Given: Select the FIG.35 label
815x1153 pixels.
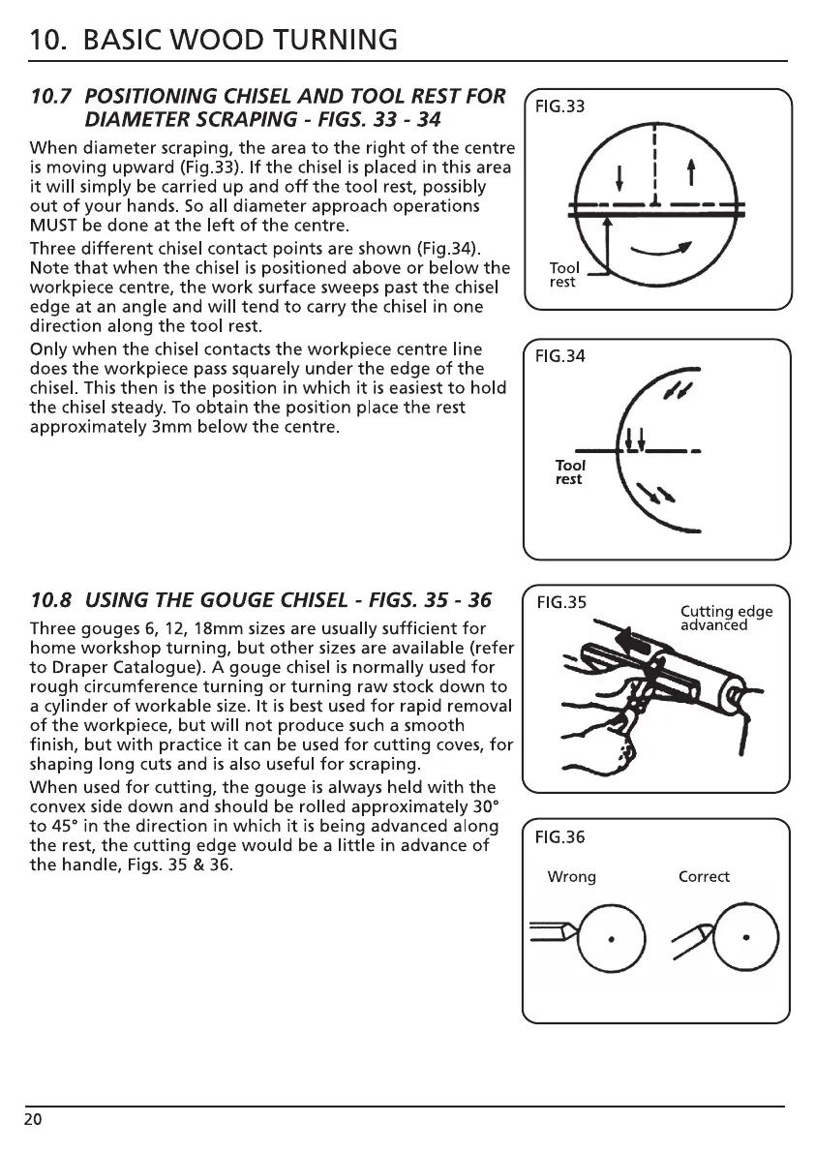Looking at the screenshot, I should tap(561, 602).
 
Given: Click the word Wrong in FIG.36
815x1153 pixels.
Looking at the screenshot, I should tap(571, 877).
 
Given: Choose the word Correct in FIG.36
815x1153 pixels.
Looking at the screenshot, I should tap(704, 877).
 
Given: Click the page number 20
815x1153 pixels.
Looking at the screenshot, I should tap(33, 1120).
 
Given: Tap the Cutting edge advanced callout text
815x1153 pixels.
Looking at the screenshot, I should tap(726, 618).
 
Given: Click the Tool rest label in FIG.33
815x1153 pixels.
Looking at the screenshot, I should tap(563, 275).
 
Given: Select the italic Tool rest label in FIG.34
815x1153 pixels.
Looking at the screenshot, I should tap(569, 472).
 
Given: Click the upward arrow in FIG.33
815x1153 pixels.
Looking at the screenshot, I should tap(691, 178).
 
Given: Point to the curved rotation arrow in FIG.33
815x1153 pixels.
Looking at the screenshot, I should tap(663, 253).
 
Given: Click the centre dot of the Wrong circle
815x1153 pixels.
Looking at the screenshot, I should tap(611, 938).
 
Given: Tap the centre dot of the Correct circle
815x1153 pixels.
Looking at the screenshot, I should tap(746, 937).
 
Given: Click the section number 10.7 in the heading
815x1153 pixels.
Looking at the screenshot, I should tap(53, 97).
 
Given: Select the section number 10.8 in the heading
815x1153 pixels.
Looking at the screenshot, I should tap(53, 601).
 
